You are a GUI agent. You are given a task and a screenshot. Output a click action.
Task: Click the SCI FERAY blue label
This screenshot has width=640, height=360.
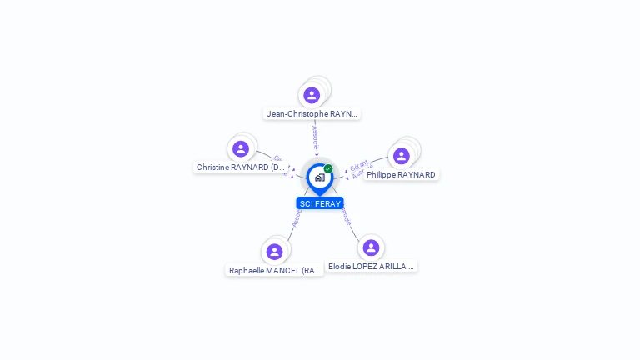click(320, 203)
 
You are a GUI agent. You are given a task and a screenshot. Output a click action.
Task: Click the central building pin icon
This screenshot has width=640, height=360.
click(319, 177)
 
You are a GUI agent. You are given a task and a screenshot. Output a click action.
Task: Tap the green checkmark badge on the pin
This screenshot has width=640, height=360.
click(328, 168)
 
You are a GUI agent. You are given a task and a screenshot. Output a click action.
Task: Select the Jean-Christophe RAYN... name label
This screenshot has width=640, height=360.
click(312, 113)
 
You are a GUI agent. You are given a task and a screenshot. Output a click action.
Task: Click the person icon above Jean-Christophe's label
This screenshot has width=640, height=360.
click(312, 95)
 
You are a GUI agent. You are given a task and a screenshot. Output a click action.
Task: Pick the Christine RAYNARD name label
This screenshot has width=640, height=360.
click(241, 167)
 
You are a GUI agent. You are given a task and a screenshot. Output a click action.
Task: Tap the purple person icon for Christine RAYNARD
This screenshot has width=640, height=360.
click(241, 148)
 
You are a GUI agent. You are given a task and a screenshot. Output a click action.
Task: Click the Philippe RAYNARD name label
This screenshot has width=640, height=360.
click(401, 175)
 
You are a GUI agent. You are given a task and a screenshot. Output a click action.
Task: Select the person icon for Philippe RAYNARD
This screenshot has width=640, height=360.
click(401, 156)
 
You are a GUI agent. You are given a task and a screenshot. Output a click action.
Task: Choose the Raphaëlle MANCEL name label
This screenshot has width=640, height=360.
click(275, 271)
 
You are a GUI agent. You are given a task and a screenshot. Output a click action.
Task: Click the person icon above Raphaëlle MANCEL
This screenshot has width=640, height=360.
click(274, 251)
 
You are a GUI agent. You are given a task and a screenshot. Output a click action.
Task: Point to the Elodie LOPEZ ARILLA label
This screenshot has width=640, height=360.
click(371, 267)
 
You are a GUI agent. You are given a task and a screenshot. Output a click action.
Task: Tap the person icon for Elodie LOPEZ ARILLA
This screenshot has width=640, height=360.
click(371, 247)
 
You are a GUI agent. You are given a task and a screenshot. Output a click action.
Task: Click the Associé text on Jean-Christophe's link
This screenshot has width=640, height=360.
click(315, 137)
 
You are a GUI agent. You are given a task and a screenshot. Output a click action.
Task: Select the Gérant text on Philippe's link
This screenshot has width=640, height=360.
click(359, 164)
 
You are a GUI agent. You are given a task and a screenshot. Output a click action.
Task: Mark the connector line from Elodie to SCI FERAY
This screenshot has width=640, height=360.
click(353, 229)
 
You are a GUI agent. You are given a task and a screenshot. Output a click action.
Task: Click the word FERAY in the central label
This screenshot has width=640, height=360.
click(328, 203)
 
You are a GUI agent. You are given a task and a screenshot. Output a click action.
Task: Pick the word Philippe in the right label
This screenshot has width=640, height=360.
click(381, 175)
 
